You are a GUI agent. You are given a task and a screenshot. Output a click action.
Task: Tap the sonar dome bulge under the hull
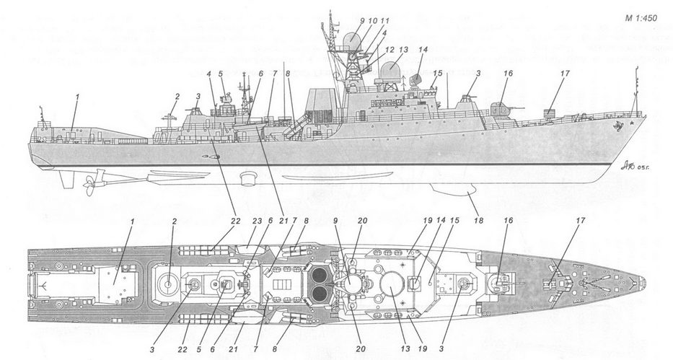coord(454,189)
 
